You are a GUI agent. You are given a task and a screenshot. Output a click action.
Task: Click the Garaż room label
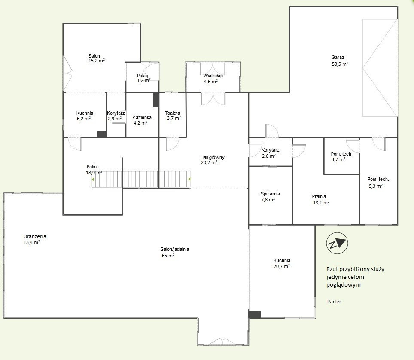click(338, 57)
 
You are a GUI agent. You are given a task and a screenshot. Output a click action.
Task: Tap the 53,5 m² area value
click(340, 64)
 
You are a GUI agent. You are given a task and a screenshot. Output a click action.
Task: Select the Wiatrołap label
click(213, 76)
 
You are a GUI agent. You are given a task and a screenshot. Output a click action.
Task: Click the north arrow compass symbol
click(337, 243)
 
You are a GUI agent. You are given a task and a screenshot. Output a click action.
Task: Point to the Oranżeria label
click(35, 236)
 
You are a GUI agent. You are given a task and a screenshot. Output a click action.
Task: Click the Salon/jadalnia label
click(174, 249)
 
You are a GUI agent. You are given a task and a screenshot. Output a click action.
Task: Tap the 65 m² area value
click(168, 256)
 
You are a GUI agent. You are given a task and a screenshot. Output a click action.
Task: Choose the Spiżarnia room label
click(270, 194)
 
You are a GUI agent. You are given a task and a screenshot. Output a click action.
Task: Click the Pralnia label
click(319, 196)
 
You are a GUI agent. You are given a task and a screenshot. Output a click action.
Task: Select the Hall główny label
click(212, 157)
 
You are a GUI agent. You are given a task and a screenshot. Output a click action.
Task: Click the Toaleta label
click(172, 113)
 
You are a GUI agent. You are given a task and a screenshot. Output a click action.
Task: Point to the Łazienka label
click(142, 117)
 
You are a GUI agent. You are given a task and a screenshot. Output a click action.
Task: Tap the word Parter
click(334, 302)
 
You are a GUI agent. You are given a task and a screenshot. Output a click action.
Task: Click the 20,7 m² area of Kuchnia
click(281, 266)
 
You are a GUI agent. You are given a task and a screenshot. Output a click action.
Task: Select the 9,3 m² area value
click(375, 186)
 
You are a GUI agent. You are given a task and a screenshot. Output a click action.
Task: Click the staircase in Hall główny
click(141, 179)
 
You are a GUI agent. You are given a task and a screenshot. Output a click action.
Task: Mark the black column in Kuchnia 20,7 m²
click(255, 314)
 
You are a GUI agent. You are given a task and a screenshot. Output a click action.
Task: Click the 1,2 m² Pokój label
click(143, 81)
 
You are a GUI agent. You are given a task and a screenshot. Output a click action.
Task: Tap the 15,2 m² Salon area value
click(96, 61)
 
